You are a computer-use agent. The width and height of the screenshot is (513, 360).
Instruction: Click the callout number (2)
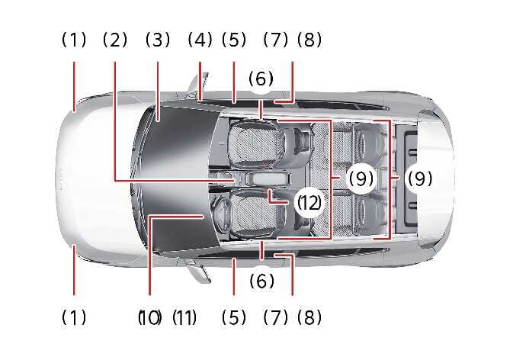point(115,40)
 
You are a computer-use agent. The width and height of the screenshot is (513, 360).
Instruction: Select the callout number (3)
point(158,40)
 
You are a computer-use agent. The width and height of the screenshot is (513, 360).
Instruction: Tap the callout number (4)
point(200,40)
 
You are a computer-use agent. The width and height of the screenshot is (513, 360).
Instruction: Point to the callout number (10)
point(149,317)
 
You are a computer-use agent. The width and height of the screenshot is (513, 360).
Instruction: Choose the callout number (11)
point(184,317)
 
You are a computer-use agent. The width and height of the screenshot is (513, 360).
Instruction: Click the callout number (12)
point(309,203)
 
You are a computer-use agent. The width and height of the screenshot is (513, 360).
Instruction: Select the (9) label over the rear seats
point(361,178)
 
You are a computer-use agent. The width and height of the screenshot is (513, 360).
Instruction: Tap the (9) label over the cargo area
point(420,178)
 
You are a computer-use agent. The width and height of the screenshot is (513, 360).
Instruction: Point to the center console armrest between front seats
point(267,179)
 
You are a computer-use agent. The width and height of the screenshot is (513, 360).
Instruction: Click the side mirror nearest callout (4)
point(198,85)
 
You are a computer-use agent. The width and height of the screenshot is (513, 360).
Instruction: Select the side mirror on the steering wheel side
point(200,270)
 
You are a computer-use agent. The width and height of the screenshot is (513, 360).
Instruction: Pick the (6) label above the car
point(261,79)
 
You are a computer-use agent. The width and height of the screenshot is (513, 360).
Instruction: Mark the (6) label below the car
point(261,281)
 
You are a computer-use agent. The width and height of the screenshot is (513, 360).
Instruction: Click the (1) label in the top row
point(74,40)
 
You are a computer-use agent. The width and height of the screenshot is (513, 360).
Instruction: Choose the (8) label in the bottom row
point(309,317)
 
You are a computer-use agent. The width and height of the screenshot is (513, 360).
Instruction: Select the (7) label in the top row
point(276,40)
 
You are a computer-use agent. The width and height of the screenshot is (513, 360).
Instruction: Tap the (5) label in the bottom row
point(234,317)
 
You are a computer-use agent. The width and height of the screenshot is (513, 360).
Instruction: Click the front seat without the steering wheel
point(258,143)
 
